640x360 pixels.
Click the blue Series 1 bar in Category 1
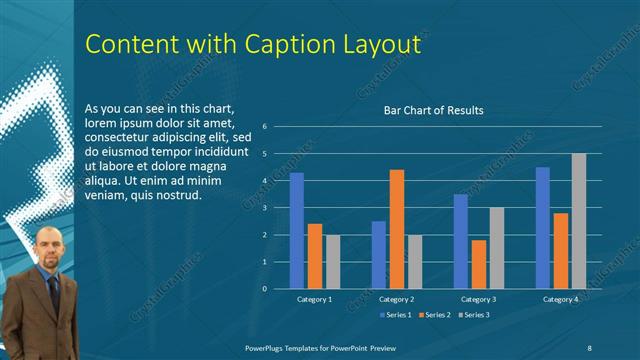point(297,231)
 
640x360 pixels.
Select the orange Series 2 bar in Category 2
point(397,229)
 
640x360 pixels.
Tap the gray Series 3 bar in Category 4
point(578,221)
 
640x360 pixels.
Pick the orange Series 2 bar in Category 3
point(478,264)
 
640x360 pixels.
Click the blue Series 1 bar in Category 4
point(543,228)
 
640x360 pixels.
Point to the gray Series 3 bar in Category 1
point(333,262)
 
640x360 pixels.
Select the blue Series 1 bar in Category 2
point(379,255)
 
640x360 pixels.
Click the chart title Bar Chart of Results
point(434,110)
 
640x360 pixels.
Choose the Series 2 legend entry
point(434,315)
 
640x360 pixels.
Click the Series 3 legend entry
point(474,315)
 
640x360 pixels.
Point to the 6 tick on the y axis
point(265,127)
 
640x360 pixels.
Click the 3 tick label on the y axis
point(265,208)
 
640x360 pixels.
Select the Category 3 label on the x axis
point(478,299)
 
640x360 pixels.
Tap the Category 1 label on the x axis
point(315,299)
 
